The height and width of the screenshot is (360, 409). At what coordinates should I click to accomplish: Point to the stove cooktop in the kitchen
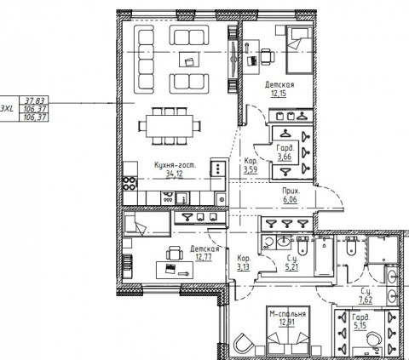[x=130, y=181]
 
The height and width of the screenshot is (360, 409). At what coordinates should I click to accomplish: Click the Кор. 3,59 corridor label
[x=251, y=164]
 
